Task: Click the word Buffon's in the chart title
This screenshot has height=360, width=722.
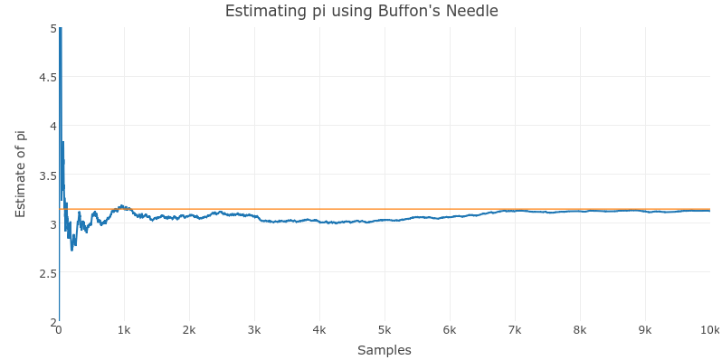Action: (x=395, y=12)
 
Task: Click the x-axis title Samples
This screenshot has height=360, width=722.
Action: (x=385, y=350)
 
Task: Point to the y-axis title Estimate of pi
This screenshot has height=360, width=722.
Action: (x=21, y=174)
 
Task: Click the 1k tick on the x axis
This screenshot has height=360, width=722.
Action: (x=124, y=330)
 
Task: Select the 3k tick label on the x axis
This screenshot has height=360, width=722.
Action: (x=254, y=330)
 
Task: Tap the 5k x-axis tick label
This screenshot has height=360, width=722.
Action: (x=385, y=330)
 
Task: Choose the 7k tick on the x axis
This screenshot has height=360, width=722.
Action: (x=515, y=330)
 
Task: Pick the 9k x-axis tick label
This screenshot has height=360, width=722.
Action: (x=645, y=330)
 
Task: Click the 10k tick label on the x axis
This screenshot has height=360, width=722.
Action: (x=709, y=330)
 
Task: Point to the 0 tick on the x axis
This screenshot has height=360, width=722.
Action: (x=59, y=330)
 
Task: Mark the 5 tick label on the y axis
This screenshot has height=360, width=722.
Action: (x=52, y=28)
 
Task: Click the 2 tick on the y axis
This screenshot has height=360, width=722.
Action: (x=52, y=321)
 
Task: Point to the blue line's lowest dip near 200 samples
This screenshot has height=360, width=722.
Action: (x=72, y=249)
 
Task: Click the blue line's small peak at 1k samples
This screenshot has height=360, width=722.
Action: (x=122, y=206)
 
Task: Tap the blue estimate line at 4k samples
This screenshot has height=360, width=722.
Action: (x=319, y=221)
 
